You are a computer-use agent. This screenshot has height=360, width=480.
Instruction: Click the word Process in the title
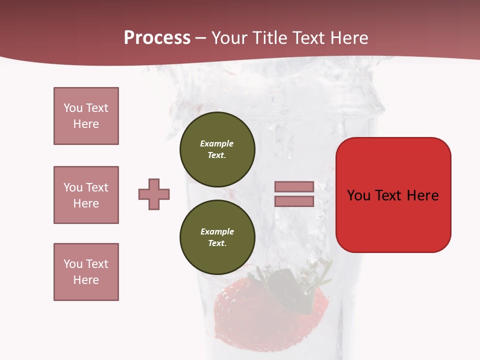(157, 38)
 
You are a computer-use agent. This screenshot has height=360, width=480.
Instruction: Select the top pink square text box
(86, 116)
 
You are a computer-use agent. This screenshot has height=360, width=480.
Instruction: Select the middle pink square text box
(86, 195)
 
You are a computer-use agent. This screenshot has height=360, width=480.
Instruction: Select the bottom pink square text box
(86, 272)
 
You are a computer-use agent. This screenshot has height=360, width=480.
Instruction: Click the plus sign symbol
(154, 194)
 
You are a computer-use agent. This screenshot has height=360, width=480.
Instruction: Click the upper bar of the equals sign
(294, 186)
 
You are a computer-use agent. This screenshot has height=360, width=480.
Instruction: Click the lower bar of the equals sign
(294, 201)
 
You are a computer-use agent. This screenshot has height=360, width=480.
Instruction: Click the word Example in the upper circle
(217, 143)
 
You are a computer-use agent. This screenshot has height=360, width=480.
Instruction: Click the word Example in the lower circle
(217, 231)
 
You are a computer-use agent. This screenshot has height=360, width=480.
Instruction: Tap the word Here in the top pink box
(86, 124)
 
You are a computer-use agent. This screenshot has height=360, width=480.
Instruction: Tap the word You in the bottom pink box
(73, 264)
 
